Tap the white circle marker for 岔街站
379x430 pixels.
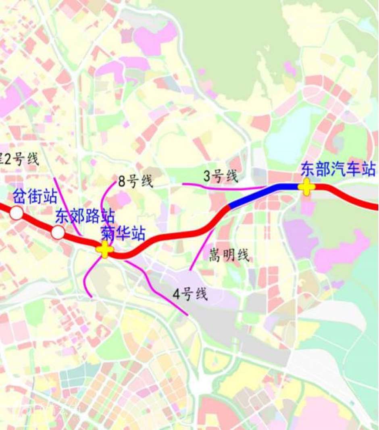pos(17,213)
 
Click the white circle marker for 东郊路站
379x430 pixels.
pos(58,232)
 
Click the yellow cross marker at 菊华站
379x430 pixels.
pos(105,249)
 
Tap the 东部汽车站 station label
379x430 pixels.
pos(338,169)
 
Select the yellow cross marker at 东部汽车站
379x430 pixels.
pos(306,187)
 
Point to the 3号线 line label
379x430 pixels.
pos(221,176)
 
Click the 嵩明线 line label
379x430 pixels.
pos(229,255)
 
